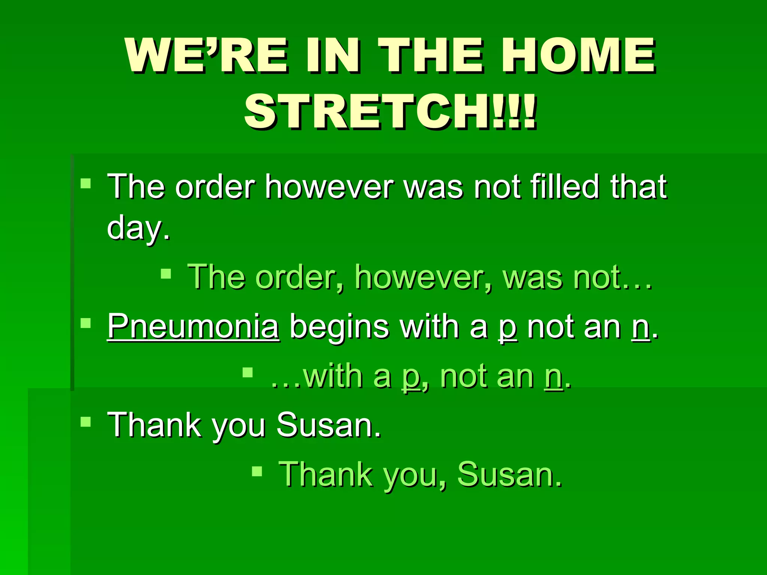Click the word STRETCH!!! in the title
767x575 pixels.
click(x=391, y=112)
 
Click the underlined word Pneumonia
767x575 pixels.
click(x=193, y=326)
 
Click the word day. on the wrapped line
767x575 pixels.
click(x=139, y=228)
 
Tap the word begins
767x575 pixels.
click(x=339, y=327)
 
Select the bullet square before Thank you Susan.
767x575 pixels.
click(x=86, y=422)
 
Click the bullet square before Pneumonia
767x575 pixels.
click(x=86, y=323)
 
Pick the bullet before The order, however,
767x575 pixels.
click(x=166, y=274)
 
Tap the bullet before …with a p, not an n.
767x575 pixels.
click(x=248, y=372)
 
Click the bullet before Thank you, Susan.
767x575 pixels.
click(x=257, y=471)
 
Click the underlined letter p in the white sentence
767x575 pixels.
click(x=508, y=328)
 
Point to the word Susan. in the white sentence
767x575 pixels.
click(x=329, y=425)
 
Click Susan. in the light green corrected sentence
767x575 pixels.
click(x=510, y=475)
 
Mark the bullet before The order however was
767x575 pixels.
click(x=86, y=183)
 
